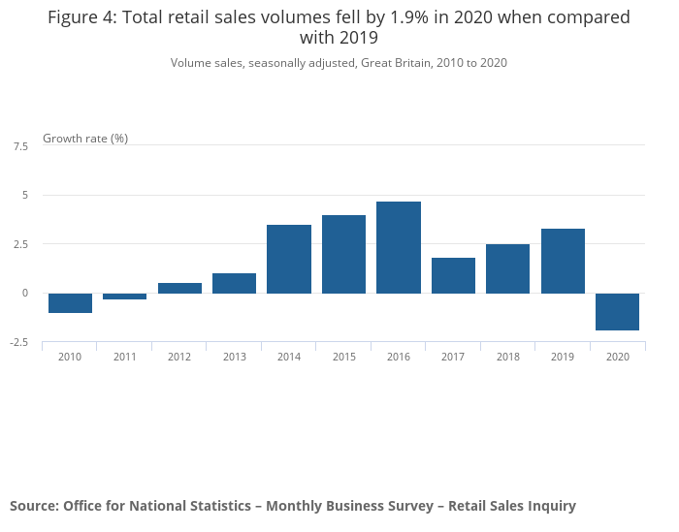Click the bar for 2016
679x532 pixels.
pos(399,247)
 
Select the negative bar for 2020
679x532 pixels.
pos(618,312)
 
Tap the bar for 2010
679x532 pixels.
pos(70,303)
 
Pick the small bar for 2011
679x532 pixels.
pos(124,297)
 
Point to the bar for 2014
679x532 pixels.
pos(289,259)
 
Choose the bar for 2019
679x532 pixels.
pos(563,261)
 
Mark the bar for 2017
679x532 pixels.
pos(453,275)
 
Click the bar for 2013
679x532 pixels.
pos(234,283)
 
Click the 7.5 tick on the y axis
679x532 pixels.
pos(20,146)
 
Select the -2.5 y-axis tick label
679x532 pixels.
pos(19,342)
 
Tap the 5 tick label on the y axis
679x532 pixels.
pos(25,195)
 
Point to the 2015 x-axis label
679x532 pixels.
pos(343,358)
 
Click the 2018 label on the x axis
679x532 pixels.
pos(508,358)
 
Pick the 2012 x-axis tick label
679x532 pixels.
pos(179,358)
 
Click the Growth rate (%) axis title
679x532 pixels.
pos(85,139)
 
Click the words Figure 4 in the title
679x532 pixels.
pos(81,17)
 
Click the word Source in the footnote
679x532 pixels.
pos(33,506)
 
